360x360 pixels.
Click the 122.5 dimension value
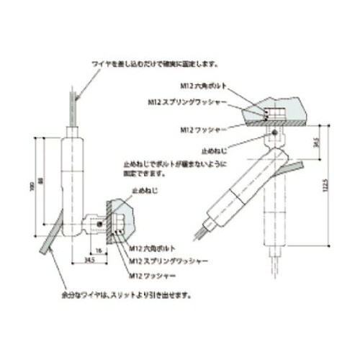[325, 189]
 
